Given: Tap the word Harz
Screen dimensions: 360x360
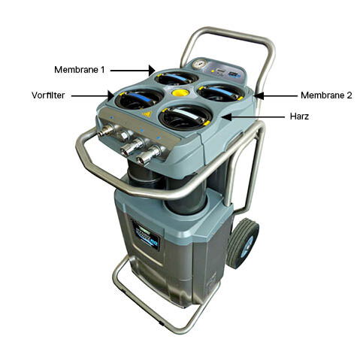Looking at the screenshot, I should [300, 117].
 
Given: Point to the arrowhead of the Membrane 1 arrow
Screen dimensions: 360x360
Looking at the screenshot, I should [153, 69].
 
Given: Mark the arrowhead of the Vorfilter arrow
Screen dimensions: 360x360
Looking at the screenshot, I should [114, 95].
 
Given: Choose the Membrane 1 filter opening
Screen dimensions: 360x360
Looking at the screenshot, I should [176, 77].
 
